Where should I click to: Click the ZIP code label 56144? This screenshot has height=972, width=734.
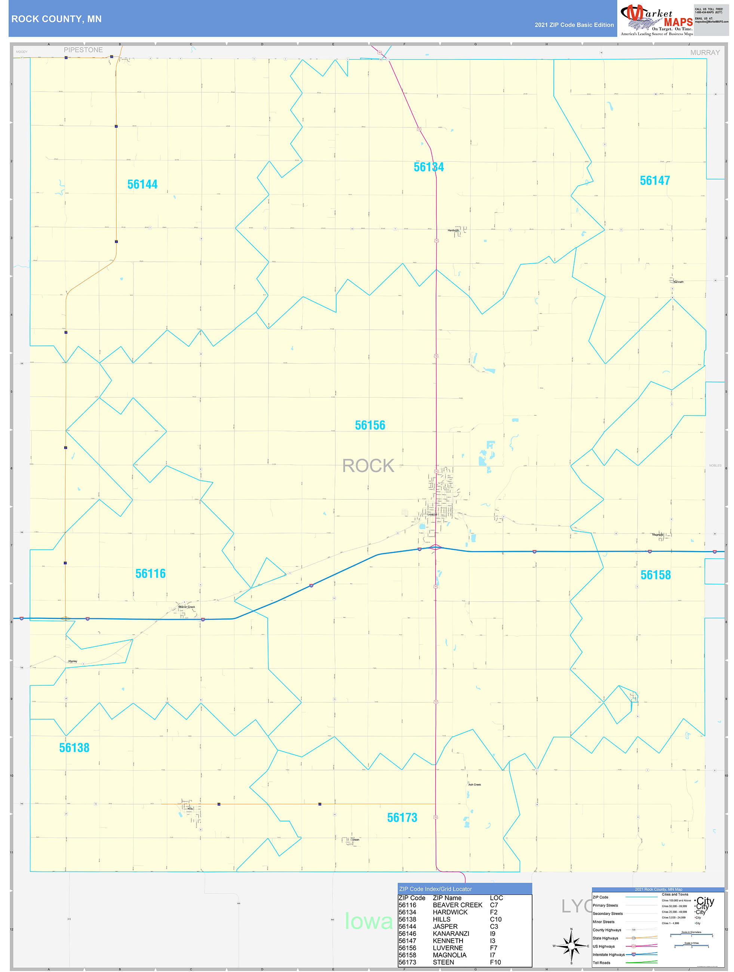(142, 185)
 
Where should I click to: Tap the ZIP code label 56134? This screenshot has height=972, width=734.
(429, 167)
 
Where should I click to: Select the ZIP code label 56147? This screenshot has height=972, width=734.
(654, 181)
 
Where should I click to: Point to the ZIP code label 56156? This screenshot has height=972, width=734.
(370, 425)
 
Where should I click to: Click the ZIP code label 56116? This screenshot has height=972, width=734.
(150, 573)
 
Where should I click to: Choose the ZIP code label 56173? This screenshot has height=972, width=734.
(402, 817)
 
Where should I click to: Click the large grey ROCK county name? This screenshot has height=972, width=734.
(368, 466)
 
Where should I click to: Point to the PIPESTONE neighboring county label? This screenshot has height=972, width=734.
(83, 50)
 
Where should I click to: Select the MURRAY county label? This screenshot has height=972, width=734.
(704, 53)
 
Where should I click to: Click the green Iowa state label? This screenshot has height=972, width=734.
(368, 921)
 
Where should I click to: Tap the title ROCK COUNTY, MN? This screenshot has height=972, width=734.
(56, 19)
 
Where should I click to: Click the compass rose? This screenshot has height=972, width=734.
(571, 945)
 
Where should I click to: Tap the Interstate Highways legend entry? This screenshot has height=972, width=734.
(608, 954)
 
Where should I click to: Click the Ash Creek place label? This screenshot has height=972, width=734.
(474, 784)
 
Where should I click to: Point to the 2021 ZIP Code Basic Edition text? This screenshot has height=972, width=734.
(574, 25)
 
